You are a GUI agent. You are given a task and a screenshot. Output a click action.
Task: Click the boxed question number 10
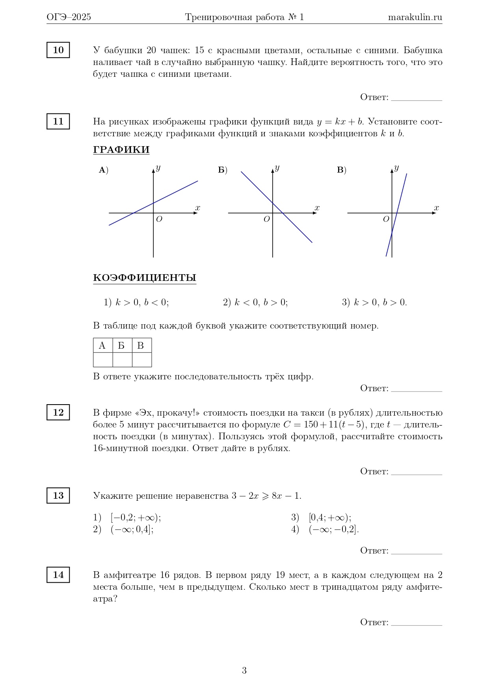(58, 50)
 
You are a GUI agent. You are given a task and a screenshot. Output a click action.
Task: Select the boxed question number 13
(58, 496)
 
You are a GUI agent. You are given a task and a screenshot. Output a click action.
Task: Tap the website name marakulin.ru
(415, 17)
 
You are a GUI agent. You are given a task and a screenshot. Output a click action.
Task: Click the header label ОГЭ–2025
(69, 17)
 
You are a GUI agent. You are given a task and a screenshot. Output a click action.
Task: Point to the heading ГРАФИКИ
(121, 150)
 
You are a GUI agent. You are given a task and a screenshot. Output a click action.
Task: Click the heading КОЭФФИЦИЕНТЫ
(145, 278)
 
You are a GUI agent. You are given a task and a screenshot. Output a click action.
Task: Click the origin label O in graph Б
(267, 219)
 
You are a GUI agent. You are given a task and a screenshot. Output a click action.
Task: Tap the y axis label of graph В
(396, 168)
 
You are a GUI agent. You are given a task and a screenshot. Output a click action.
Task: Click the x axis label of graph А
(198, 208)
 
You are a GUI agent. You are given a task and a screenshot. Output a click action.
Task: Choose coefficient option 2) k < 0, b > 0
(255, 303)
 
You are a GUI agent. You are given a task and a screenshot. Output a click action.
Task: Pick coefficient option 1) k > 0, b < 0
(136, 303)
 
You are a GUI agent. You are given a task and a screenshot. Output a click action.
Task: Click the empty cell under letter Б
(122, 360)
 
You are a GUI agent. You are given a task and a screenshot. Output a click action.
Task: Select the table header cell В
(141, 345)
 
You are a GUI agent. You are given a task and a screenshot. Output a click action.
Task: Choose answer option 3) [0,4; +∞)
(321, 518)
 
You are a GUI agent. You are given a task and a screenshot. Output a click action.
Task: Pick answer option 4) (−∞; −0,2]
(325, 529)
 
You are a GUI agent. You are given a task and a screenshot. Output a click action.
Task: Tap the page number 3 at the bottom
(244, 671)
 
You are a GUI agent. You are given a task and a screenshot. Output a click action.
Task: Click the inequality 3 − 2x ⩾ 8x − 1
(266, 496)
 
